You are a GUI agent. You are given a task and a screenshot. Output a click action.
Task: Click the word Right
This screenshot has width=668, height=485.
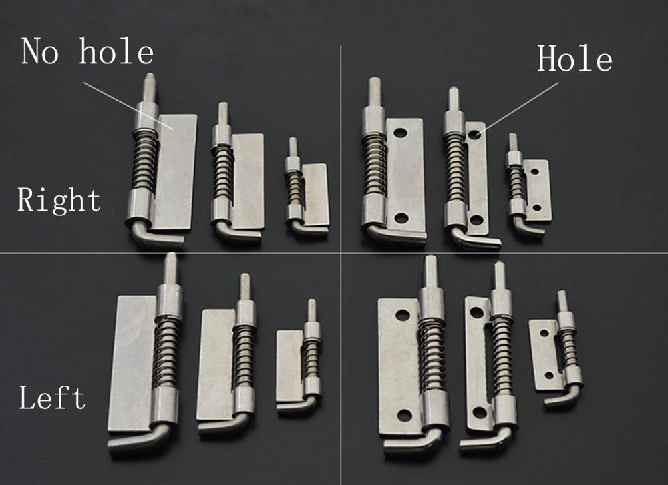coord(59,200)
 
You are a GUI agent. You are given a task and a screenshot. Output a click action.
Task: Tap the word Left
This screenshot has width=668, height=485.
coord(52,398)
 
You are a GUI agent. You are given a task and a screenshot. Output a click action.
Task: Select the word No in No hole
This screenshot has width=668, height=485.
coord(40,52)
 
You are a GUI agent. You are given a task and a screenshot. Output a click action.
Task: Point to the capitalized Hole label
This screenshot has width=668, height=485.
coord(574,60)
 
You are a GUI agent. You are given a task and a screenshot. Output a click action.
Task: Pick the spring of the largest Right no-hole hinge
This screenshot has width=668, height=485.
coord(144,160)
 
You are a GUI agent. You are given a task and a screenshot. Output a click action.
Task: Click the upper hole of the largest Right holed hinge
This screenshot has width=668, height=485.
coord(400,133)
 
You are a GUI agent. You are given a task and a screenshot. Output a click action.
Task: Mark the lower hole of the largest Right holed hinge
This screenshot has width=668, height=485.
coord(401,217)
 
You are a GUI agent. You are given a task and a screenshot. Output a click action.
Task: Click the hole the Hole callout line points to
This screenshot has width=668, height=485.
coord(474,135)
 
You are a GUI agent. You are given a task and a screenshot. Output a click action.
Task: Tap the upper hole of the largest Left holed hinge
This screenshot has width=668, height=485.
coord(402,314)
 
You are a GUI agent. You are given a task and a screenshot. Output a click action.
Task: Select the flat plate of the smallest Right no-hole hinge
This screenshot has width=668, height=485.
coord(316,193)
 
